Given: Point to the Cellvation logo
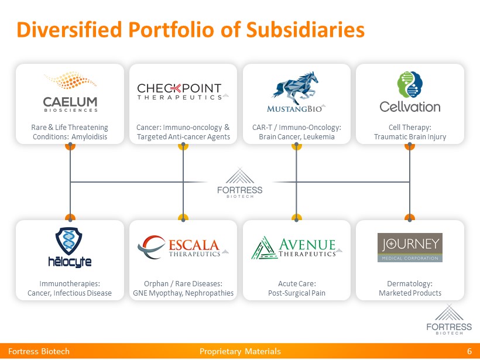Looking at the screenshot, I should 410,92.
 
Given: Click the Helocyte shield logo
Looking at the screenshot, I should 70,246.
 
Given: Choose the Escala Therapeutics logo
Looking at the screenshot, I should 183,247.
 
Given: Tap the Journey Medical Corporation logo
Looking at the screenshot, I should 410,248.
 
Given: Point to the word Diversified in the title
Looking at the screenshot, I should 60,30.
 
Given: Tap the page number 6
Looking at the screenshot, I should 469,351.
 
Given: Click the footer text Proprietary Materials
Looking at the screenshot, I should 240,351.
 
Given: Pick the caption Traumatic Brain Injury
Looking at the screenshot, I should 410,137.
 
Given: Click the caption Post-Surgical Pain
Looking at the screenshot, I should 296,293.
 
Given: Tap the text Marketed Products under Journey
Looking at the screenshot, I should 410,293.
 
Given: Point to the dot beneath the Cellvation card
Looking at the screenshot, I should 410,146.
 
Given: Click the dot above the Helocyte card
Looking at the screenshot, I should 70,218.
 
